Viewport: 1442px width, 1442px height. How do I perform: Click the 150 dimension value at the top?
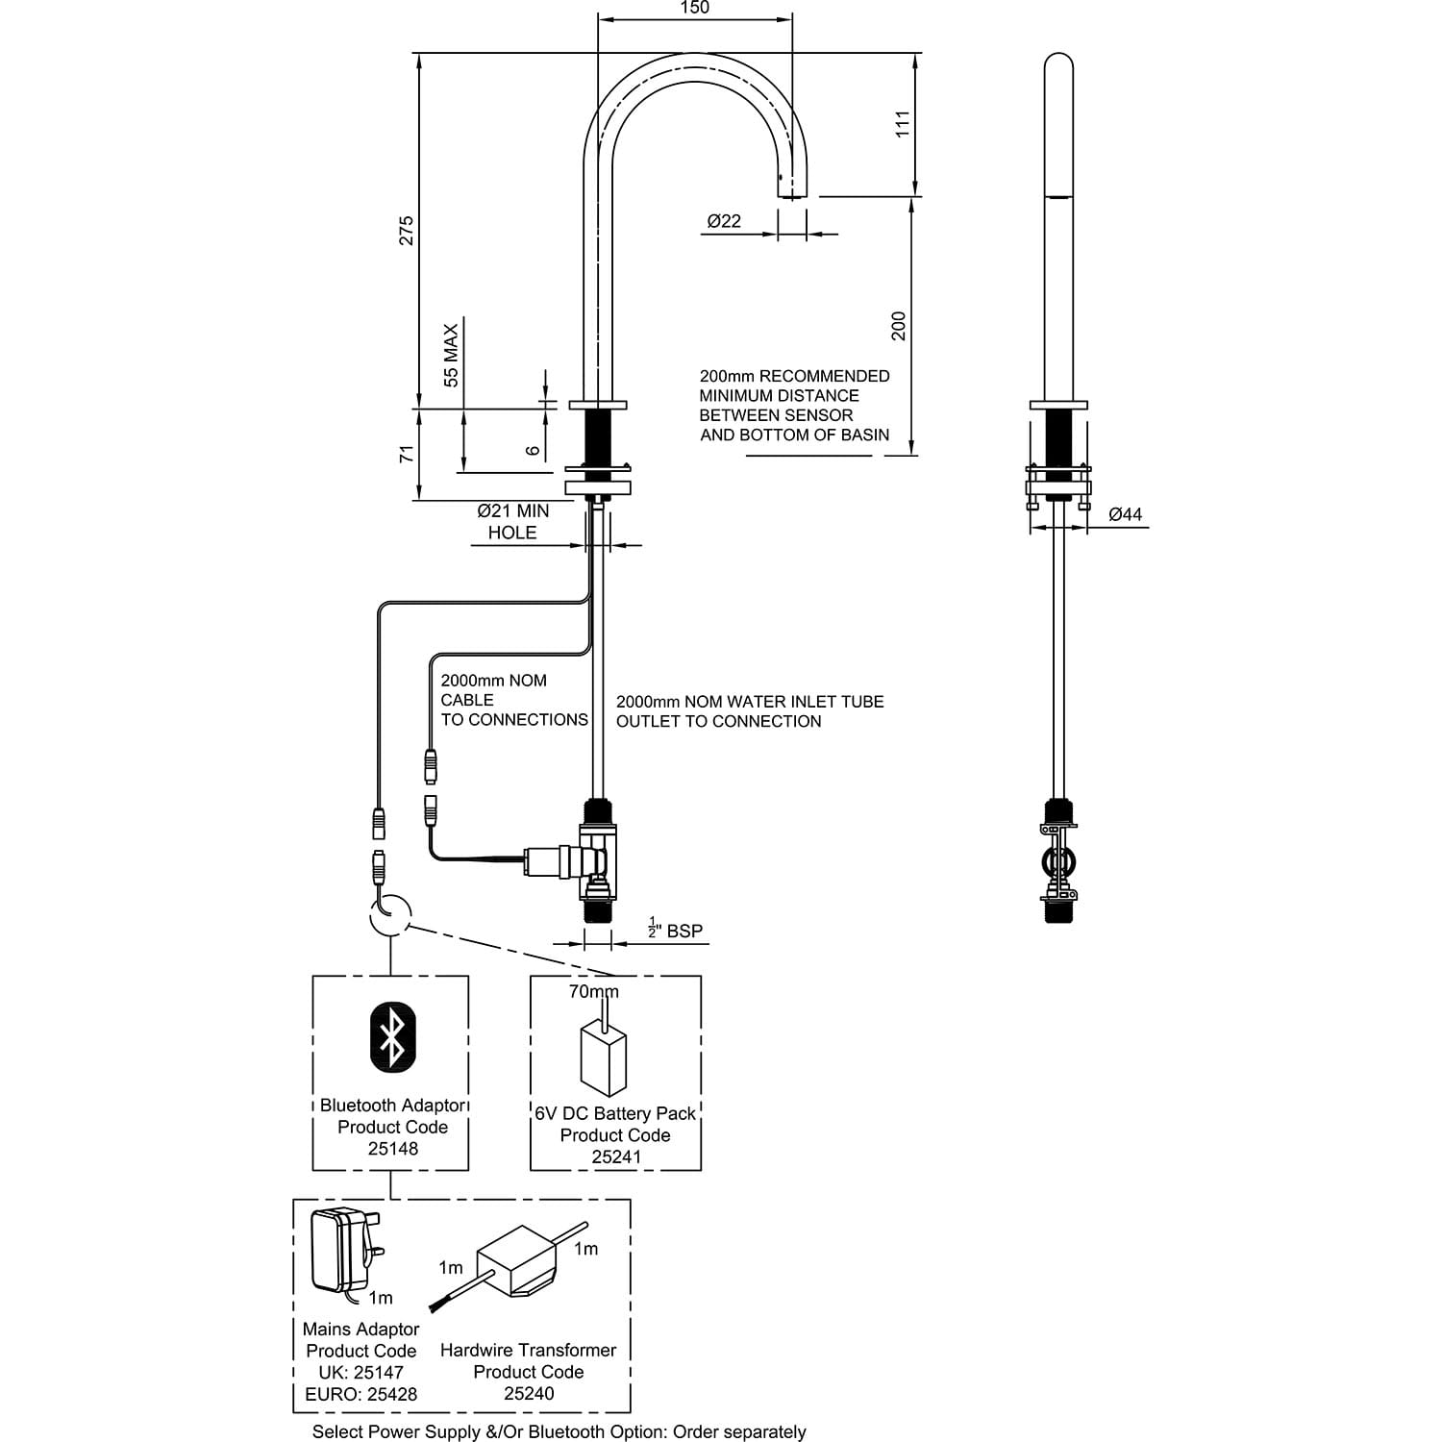point(694,9)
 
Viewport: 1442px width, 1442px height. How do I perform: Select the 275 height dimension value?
point(407,230)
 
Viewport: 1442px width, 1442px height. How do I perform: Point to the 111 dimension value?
point(902,124)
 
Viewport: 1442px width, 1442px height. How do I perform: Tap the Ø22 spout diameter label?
point(724,221)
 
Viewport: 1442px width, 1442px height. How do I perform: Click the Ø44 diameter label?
point(1125,514)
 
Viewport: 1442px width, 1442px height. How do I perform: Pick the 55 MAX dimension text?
point(452,355)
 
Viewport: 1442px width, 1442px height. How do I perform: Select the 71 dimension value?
point(407,454)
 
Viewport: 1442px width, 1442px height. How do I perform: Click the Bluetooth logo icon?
point(392,1034)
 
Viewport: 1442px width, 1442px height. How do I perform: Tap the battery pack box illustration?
point(603,1059)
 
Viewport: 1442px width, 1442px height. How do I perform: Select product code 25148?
point(392,1149)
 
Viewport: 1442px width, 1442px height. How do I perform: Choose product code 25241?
point(615,1156)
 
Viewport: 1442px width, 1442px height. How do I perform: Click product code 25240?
point(528,1393)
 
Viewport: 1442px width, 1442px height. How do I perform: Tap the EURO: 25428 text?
point(360,1394)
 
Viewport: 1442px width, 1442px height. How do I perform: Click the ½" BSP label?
point(675,930)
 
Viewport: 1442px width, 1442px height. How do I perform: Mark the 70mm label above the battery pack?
point(593,991)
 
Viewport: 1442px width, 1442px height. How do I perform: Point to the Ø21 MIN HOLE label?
point(512,522)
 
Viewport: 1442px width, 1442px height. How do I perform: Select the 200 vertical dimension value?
point(899,326)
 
